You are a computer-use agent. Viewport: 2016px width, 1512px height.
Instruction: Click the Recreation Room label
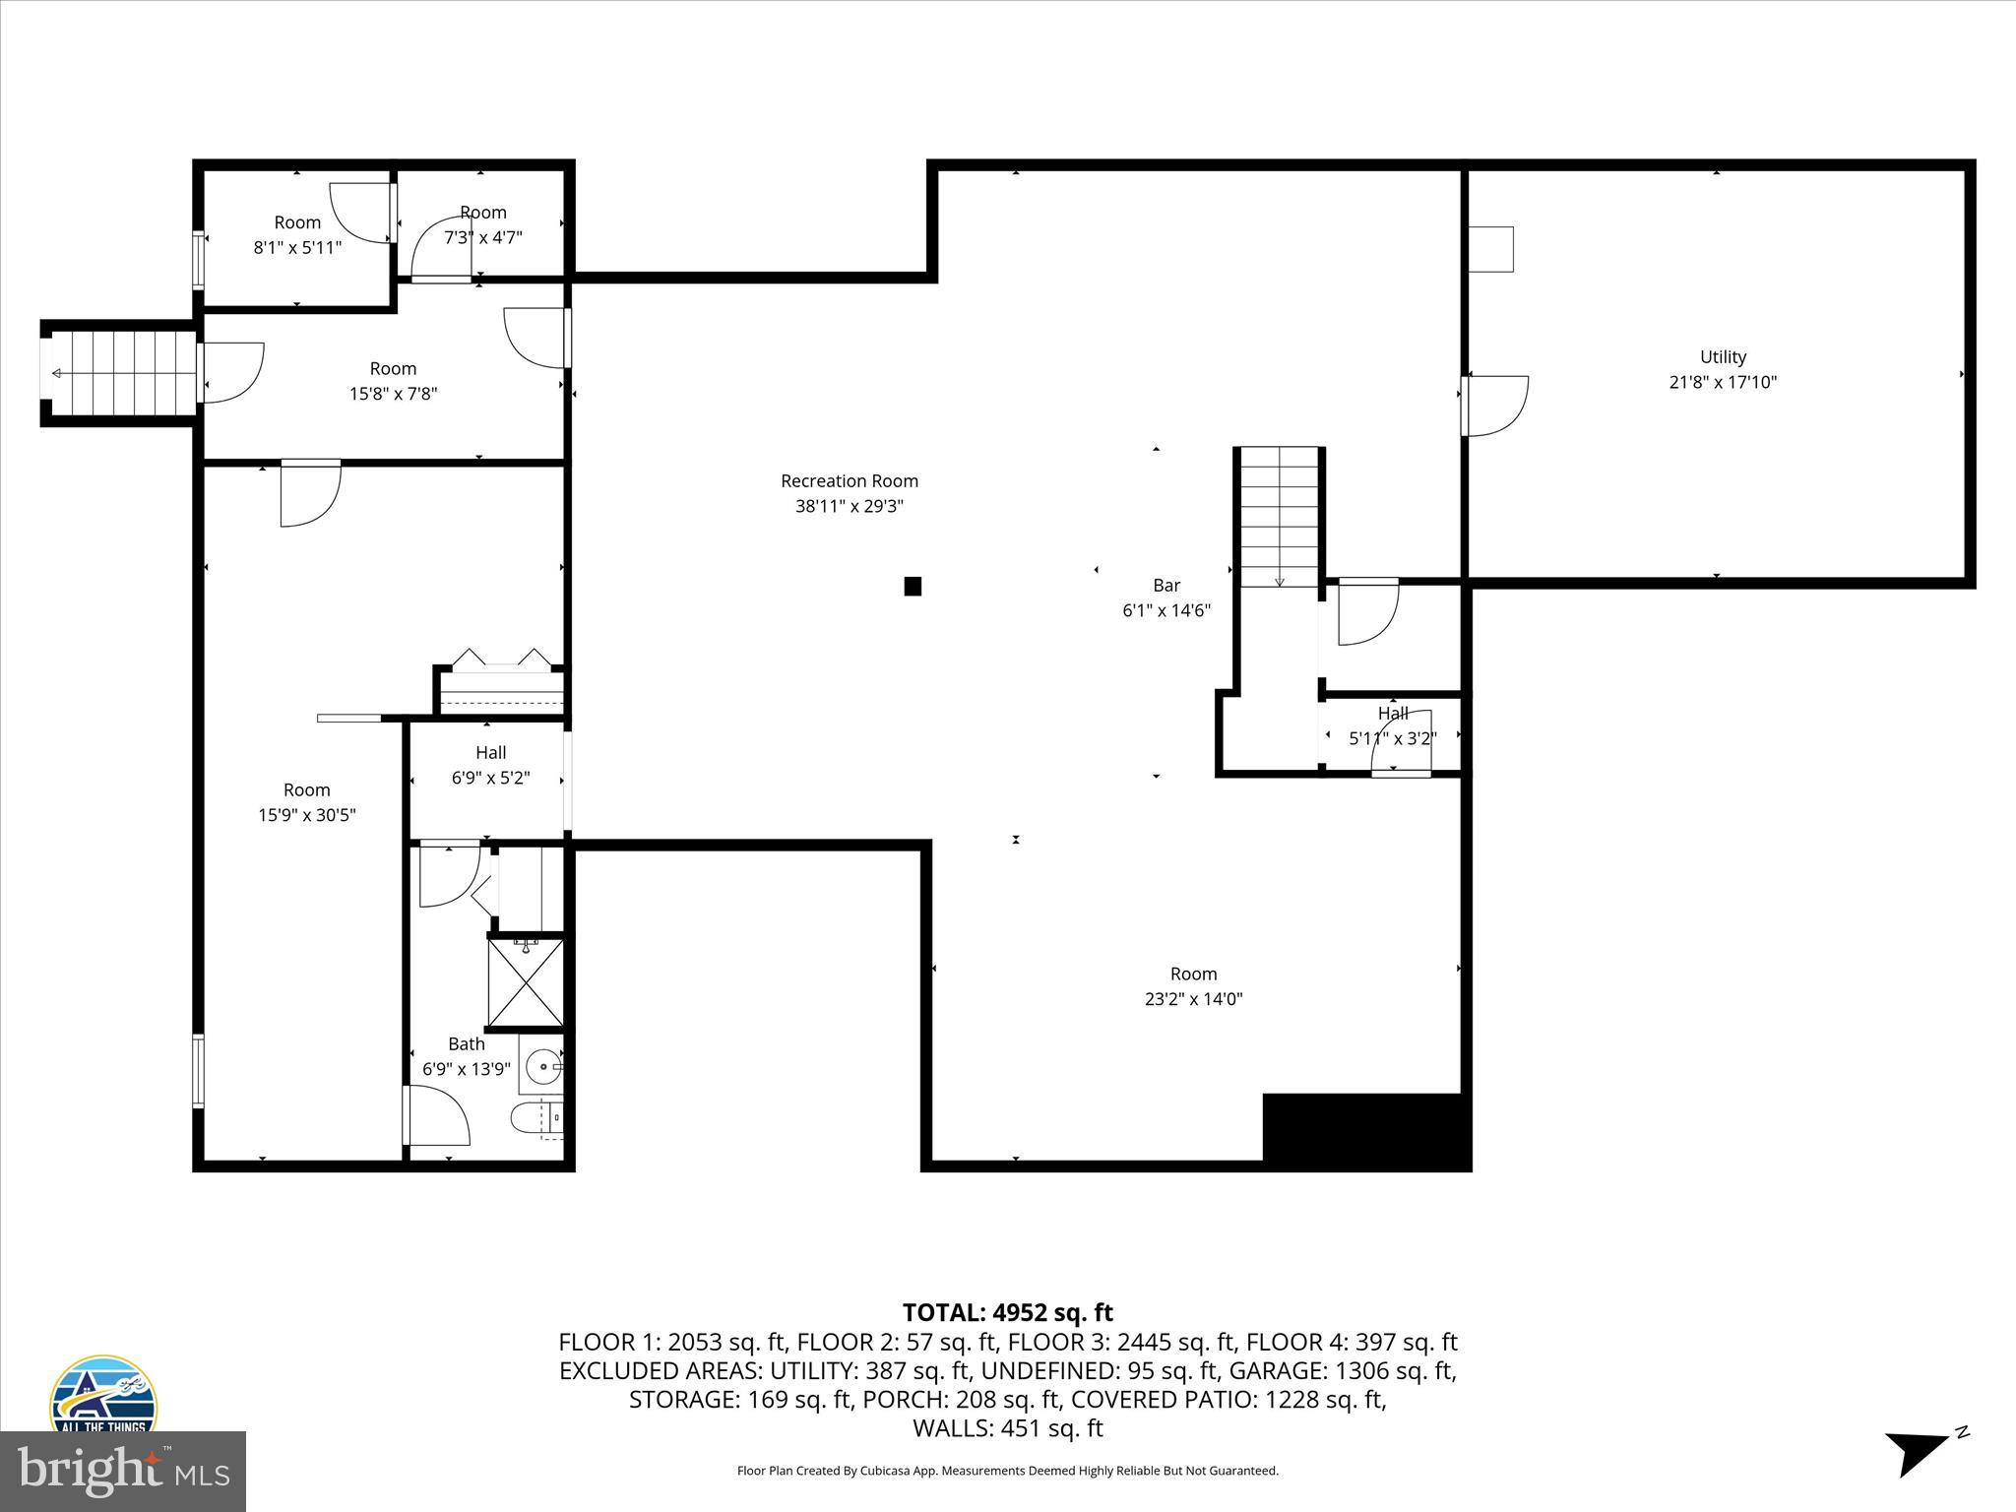point(849,481)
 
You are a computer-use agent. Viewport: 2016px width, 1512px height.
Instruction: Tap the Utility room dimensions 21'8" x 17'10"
point(1723,382)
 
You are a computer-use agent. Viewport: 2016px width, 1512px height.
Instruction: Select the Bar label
point(1166,586)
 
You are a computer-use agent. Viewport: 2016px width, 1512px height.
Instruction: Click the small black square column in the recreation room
point(913,587)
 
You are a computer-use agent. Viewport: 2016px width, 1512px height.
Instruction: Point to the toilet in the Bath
point(535,1118)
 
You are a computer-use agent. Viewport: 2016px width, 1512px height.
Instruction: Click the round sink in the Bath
point(542,1065)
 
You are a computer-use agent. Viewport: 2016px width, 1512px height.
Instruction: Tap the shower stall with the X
point(527,983)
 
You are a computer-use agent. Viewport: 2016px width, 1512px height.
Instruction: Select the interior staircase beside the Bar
point(1279,517)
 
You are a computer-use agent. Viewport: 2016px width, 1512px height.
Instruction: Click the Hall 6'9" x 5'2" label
point(490,765)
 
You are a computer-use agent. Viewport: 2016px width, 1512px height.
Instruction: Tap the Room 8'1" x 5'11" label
point(297,234)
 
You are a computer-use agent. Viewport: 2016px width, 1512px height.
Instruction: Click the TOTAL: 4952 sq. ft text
point(1007,1312)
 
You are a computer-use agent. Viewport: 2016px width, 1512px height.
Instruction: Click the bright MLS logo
point(123,1472)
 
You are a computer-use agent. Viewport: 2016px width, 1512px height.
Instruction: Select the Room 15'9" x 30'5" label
point(306,802)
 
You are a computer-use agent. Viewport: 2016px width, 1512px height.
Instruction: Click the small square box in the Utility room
point(1490,249)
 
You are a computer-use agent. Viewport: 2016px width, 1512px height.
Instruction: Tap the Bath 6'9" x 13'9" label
point(466,1056)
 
